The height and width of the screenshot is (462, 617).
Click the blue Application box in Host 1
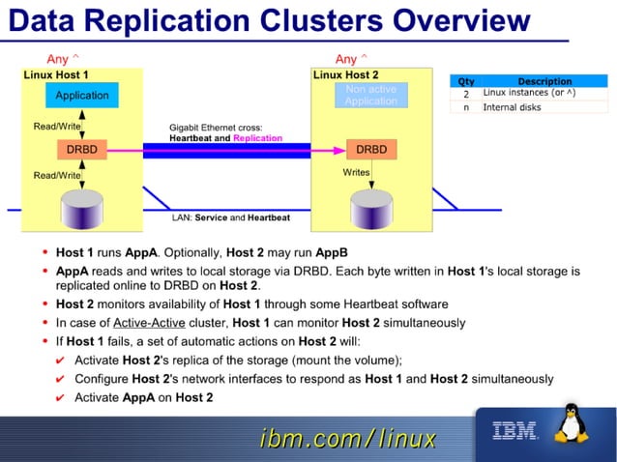coord(82,96)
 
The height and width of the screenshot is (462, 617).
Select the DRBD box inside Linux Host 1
coord(82,150)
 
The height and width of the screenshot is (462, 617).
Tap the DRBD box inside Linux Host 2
coord(371,150)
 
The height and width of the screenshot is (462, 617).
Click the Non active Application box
coord(371,95)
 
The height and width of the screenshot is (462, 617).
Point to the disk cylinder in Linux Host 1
coord(82,207)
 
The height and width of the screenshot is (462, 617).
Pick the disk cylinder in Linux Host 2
coord(371,207)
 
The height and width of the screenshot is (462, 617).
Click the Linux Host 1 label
coord(56,74)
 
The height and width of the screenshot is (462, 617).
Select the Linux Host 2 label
coord(346,74)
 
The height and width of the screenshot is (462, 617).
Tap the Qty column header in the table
coord(466,81)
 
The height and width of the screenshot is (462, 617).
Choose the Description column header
coord(544,81)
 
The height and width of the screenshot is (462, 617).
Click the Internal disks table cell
coord(512,107)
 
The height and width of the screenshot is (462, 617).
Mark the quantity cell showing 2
coord(466,94)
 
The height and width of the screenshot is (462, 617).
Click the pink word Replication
coord(257,138)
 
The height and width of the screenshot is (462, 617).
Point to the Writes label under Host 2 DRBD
coord(357,172)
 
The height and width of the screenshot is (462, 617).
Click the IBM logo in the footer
coord(515,431)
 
